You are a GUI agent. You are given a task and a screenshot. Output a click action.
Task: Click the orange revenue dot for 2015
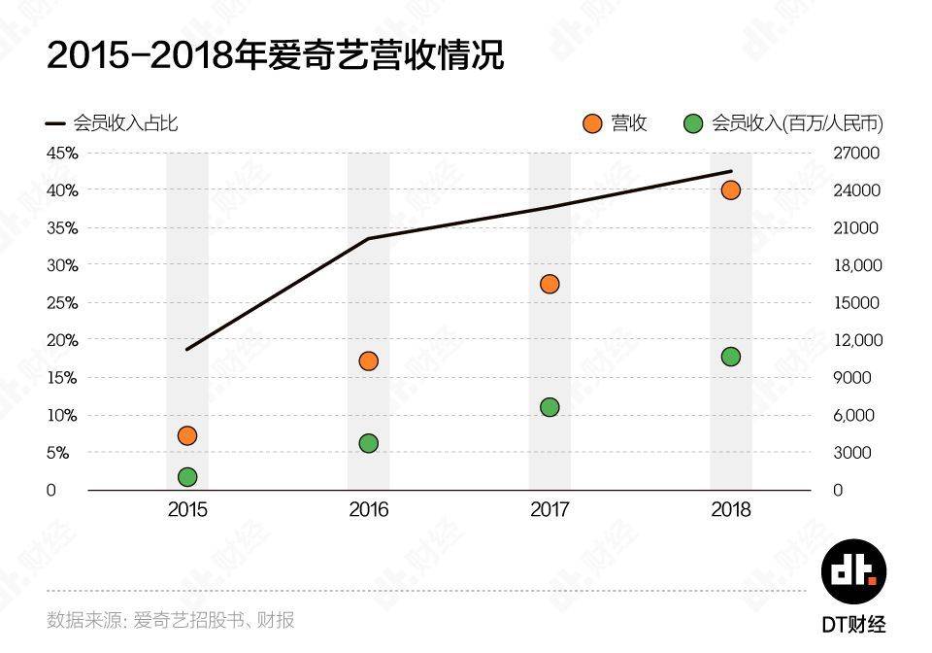[187, 436]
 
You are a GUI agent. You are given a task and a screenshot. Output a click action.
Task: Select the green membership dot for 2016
[369, 444]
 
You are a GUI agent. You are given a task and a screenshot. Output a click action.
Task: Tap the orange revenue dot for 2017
[549, 285]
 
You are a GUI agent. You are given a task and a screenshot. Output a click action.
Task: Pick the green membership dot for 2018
[730, 357]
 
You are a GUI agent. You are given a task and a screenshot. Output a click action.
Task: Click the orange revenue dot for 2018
[730, 190]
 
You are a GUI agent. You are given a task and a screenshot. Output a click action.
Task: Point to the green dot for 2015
[187, 477]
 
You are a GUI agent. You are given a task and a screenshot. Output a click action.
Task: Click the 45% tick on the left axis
[62, 154]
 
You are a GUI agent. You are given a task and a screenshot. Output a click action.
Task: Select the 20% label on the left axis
[62, 341]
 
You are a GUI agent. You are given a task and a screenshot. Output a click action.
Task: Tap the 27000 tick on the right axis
[856, 154]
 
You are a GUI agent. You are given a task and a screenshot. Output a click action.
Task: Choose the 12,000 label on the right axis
[857, 341]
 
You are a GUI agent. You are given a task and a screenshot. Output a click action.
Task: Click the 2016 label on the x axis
[369, 510]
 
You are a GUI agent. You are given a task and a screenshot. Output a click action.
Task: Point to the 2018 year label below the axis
[730, 510]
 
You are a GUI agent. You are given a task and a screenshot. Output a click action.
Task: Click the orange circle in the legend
[592, 123]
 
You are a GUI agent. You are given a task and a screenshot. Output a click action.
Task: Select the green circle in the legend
[693, 123]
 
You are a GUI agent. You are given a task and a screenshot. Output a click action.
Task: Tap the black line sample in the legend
[55, 123]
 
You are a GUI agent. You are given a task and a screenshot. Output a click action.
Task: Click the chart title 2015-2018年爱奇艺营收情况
[275, 55]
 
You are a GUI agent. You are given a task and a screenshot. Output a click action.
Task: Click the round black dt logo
[853, 571]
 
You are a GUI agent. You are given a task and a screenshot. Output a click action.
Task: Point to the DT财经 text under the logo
[853, 625]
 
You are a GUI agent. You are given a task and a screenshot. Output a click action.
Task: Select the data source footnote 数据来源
[171, 620]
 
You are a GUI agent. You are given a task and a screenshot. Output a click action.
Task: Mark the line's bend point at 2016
[369, 238]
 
